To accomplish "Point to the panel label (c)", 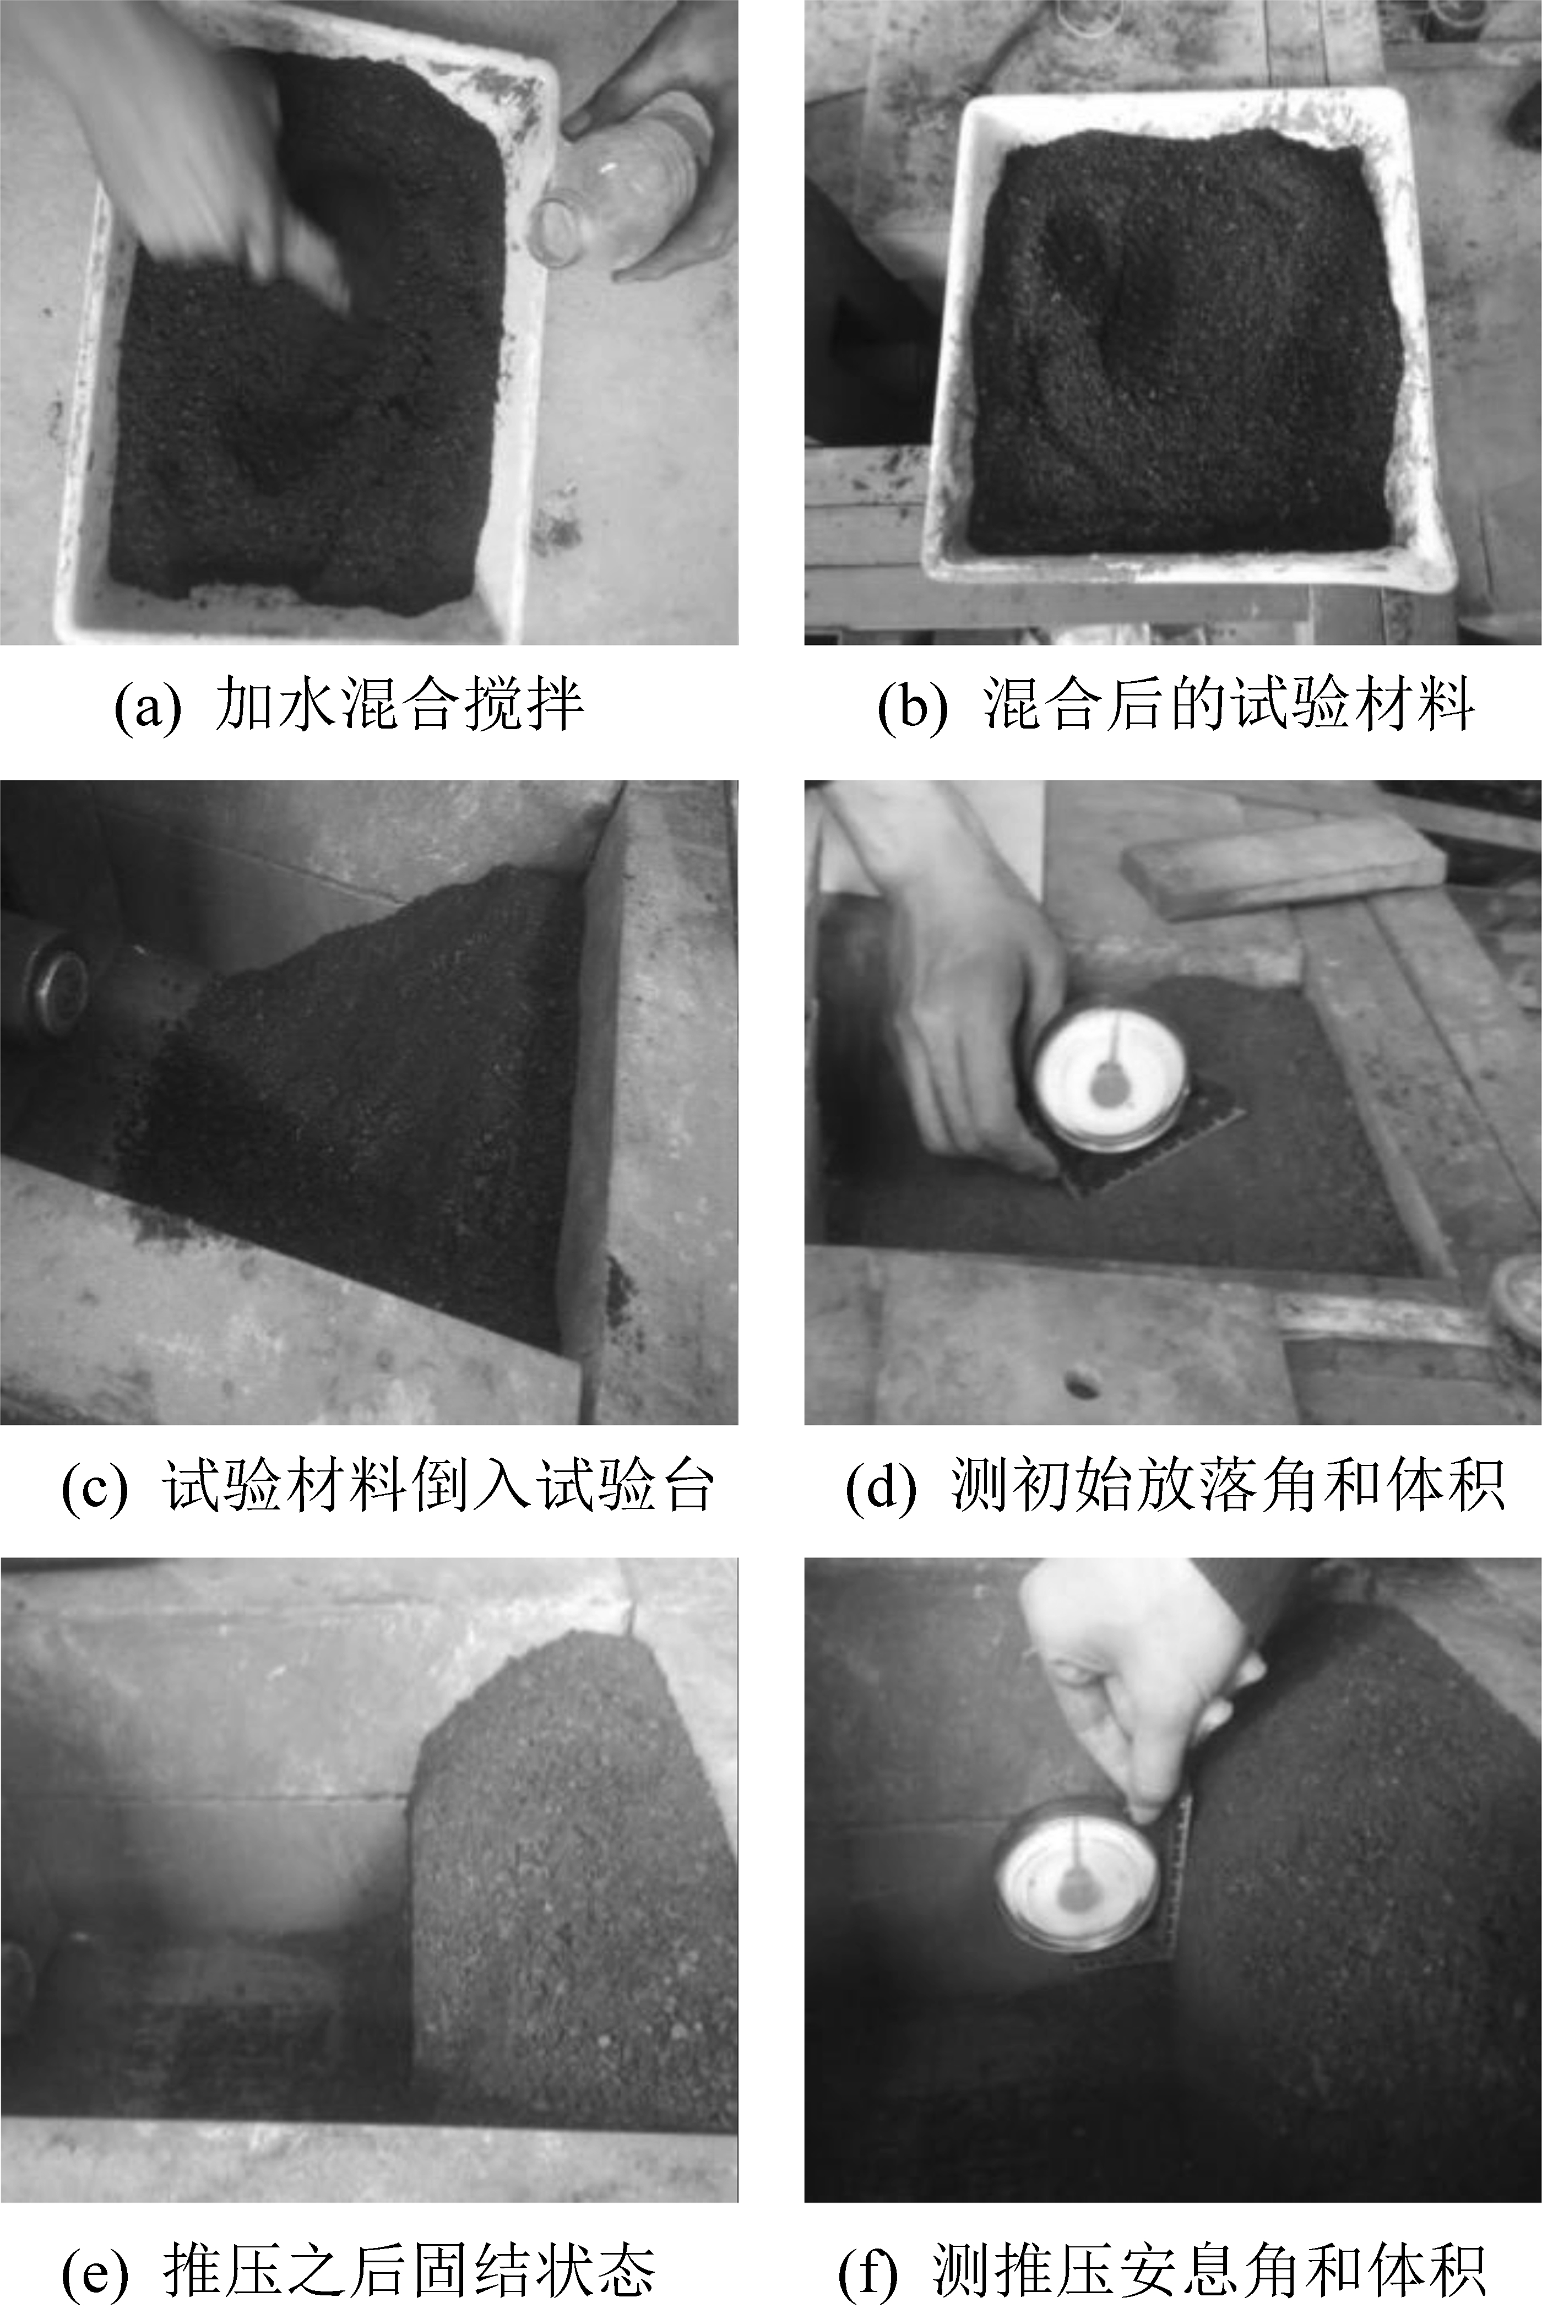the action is point(94,1485).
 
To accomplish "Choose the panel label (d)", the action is point(880,1485).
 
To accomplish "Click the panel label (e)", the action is point(94,2264).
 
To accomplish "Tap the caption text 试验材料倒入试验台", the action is point(438,1485).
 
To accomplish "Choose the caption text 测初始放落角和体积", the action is point(1228,1485).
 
